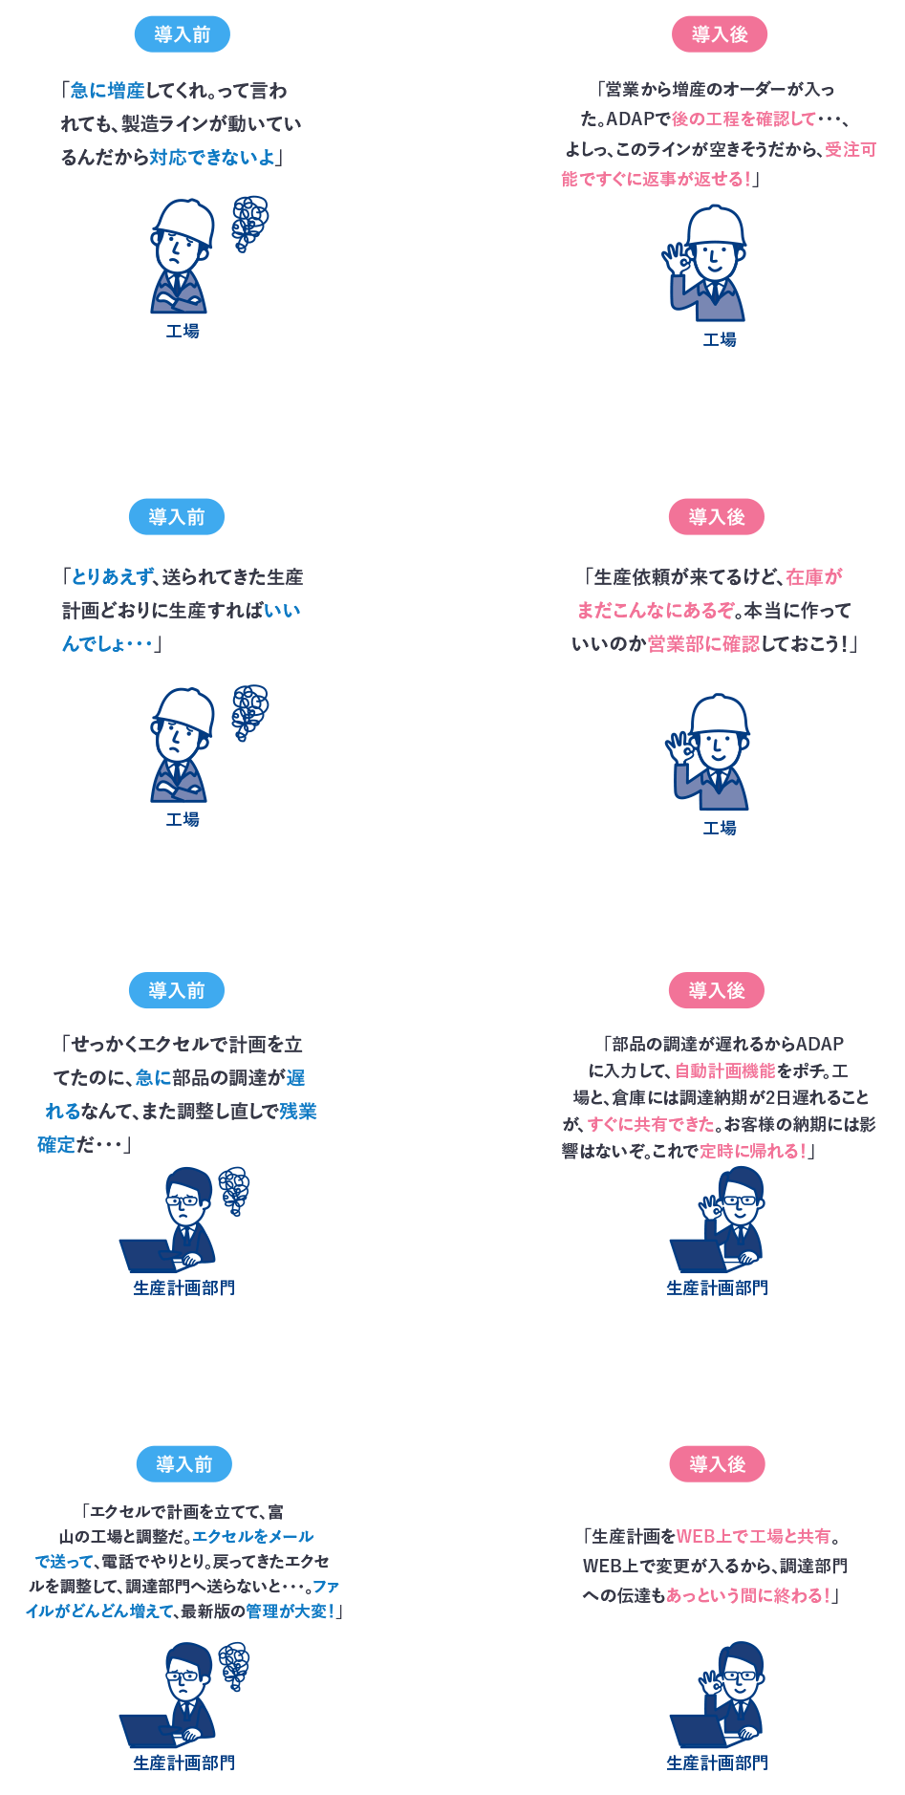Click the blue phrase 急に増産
[x=107, y=91]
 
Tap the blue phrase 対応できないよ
[x=212, y=158]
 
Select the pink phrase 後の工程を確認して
[x=743, y=119]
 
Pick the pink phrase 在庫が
[x=814, y=577]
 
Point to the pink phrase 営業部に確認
[x=703, y=644]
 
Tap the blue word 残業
[x=298, y=1112]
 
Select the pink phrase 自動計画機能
[x=725, y=1071]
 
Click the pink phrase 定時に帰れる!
[x=753, y=1152]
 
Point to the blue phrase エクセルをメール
[x=253, y=1537]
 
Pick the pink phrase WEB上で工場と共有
[x=753, y=1537]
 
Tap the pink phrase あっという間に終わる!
[x=748, y=1596]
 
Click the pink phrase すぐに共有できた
[x=651, y=1125]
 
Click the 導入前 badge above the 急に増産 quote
[x=183, y=35]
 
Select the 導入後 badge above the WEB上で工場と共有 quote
[x=718, y=1464]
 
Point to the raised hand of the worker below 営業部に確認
[x=679, y=746]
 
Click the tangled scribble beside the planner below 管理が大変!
[x=234, y=1667]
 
